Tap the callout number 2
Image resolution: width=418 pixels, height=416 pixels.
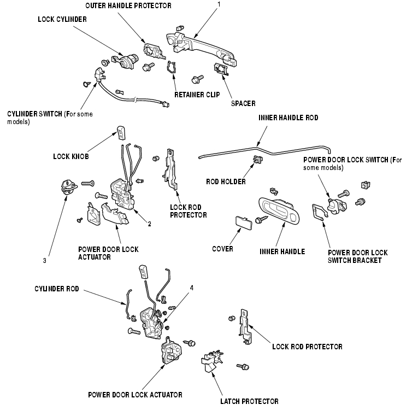(x=149, y=224)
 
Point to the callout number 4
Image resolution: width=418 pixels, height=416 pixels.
(x=191, y=287)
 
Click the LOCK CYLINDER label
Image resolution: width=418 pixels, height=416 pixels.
(x=62, y=19)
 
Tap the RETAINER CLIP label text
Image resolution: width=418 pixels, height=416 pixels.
(x=197, y=95)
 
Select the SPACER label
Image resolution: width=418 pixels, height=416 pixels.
(x=243, y=103)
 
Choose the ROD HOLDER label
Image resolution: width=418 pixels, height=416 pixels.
(x=226, y=182)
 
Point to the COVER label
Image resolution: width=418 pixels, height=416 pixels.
(x=222, y=249)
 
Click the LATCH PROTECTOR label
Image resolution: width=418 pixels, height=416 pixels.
(x=249, y=401)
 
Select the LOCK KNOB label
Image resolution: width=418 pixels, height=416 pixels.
(x=71, y=156)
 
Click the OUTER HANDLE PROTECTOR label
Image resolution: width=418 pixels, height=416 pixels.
(x=128, y=5)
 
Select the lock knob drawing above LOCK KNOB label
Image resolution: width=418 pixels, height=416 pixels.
(x=121, y=132)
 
